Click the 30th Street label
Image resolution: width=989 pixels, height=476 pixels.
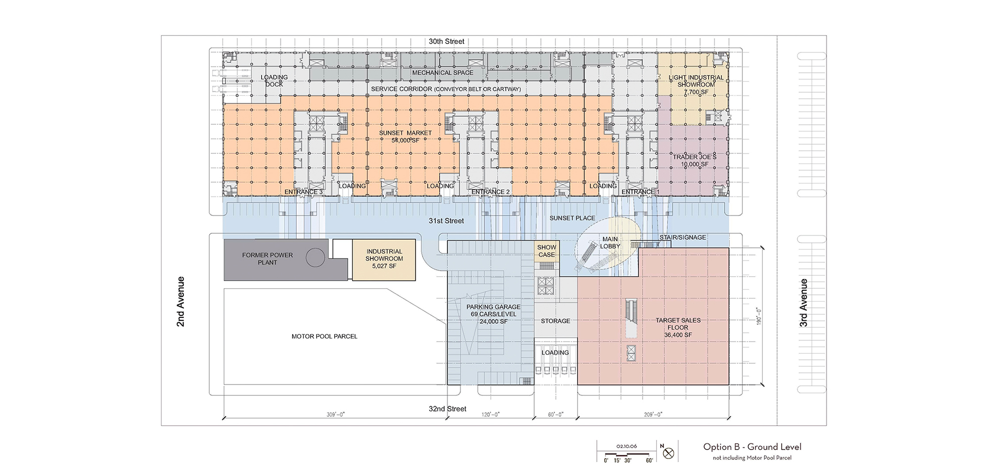click(x=447, y=42)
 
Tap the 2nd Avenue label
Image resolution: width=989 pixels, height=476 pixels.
click(x=181, y=302)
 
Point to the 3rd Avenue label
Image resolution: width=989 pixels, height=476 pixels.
click(x=804, y=303)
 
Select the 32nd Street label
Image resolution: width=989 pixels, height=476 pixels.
click(x=448, y=409)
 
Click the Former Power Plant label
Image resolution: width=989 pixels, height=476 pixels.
click(x=268, y=259)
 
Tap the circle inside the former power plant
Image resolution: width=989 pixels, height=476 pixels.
click(x=315, y=258)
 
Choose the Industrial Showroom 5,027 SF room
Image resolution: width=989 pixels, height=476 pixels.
click(x=384, y=260)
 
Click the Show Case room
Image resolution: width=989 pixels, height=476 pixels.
click(x=546, y=251)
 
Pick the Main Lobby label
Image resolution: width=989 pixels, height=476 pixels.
click(x=610, y=243)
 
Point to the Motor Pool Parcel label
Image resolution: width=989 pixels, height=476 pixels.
click(x=324, y=336)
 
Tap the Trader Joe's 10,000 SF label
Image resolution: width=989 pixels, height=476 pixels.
click(x=694, y=161)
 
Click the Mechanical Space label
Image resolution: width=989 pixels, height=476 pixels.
click(x=443, y=73)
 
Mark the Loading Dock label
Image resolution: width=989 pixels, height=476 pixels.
click(x=274, y=81)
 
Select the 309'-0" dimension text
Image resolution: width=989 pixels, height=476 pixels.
click(x=335, y=415)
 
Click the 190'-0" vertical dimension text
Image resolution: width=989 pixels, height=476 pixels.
click(x=759, y=316)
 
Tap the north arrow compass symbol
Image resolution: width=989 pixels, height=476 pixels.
click(x=668, y=453)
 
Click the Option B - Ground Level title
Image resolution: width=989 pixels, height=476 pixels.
click(x=752, y=447)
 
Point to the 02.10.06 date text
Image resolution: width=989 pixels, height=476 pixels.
click(x=627, y=446)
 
